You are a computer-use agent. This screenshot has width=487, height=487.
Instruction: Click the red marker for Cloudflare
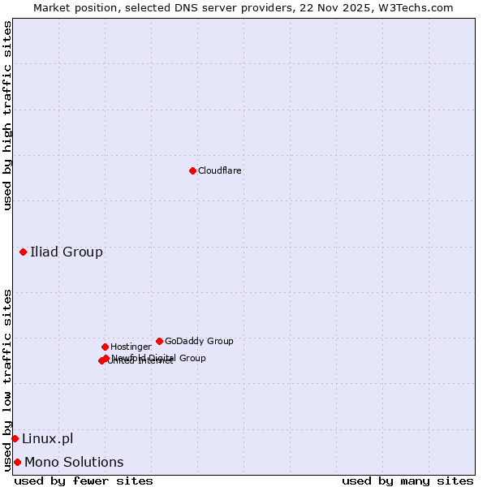[192, 170]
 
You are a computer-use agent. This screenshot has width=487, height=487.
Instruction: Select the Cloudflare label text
[219, 171]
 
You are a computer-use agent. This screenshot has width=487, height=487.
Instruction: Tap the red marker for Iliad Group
[23, 252]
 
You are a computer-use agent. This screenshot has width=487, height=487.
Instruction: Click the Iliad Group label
[67, 252]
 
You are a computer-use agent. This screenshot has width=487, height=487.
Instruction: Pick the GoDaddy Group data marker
[159, 341]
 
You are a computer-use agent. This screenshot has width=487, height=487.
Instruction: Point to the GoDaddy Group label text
[199, 342]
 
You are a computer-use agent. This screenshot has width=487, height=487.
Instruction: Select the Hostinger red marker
[105, 347]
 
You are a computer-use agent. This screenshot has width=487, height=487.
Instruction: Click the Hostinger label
[131, 347]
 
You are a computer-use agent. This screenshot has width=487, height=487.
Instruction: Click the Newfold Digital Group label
[159, 357]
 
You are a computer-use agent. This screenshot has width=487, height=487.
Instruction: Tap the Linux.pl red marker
[15, 438]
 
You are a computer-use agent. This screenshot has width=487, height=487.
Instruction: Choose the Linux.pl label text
[47, 439]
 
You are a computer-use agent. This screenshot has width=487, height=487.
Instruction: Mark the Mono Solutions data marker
[17, 462]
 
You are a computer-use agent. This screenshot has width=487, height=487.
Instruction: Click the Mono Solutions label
[74, 463]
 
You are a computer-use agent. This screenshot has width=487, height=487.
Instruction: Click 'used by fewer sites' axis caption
[84, 481]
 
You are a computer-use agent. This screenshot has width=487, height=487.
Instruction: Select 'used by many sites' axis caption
[407, 481]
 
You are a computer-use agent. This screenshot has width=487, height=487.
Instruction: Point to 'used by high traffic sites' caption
[8, 115]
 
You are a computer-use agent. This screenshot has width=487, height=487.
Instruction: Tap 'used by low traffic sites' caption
[8, 380]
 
